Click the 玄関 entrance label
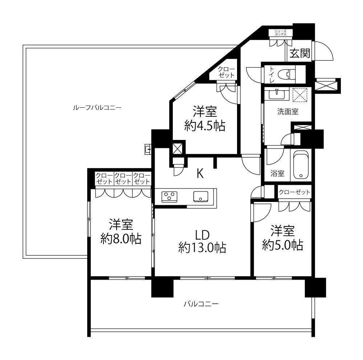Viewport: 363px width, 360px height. coord(300,54)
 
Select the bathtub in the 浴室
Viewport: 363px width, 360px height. coord(301,165)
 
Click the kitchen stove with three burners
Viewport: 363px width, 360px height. coord(169,197)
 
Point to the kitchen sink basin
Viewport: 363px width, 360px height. coord(201,196)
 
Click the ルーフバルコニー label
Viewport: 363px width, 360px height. coord(97,108)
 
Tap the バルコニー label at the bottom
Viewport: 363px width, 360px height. coord(201,303)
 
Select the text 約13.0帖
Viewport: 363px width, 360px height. coord(202,248)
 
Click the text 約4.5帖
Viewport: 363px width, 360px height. coord(205,126)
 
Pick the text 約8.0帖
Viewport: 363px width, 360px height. coord(121,239)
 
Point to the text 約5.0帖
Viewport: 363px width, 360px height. coord(282,245)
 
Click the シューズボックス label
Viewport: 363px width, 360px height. coord(281,33)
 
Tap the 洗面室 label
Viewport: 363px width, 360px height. coord(288,112)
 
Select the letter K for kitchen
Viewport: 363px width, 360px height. coord(200,173)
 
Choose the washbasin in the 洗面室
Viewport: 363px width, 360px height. coord(277,94)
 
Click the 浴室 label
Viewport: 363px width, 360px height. coord(277,173)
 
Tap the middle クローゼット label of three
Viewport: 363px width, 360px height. coord(123,178)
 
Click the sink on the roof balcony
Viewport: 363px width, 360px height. coord(148,149)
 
